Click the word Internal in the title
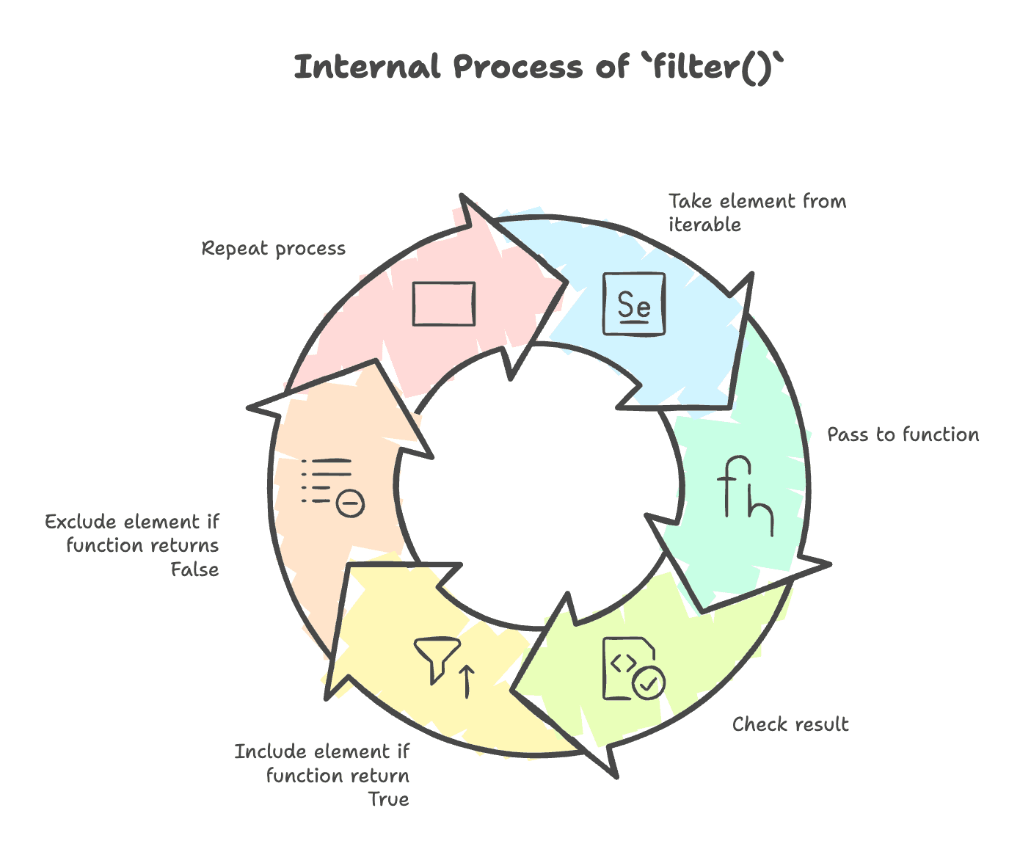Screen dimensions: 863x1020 coord(368,68)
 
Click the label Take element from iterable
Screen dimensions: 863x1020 coord(757,213)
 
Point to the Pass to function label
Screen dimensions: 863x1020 coord(903,435)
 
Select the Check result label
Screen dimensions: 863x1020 coord(790,725)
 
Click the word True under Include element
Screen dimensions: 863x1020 coord(388,799)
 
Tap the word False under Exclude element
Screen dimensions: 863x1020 coord(194,569)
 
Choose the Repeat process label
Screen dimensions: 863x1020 coord(273,249)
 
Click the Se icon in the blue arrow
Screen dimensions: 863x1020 coord(634,304)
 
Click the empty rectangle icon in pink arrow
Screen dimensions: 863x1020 coord(443,303)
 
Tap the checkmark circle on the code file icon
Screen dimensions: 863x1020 coord(649,682)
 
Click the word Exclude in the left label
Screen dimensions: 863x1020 coord(81,522)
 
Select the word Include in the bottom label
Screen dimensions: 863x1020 coord(271,752)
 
